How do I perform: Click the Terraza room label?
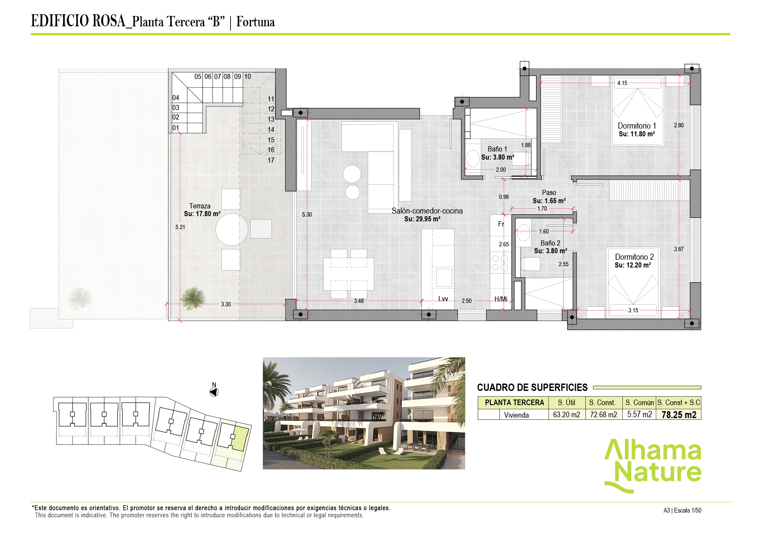tap(200, 206)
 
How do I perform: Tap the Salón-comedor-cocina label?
tap(427, 211)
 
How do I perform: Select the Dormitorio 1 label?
tap(637, 126)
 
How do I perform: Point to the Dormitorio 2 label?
tap(634, 257)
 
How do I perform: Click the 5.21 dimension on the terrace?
tap(180, 227)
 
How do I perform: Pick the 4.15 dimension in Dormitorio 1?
tap(622, 83)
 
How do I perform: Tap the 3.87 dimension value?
tap(678, 249)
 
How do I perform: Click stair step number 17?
tap(271, 160)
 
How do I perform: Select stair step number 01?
tap(176, 128)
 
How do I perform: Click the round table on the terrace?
tap(232, 230)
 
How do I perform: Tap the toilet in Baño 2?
tap(530, 264)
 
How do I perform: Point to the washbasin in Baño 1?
tap(473, 158)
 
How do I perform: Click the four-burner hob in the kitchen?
tap(500, 263)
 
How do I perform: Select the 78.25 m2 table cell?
tap(679, 415)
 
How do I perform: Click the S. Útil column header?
tap(566, 403)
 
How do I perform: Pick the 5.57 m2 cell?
tap(639, 415)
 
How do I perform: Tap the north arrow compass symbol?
tap(214, 392)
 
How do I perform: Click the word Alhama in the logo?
tap(653, 451)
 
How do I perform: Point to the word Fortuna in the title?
tap(255, 22)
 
